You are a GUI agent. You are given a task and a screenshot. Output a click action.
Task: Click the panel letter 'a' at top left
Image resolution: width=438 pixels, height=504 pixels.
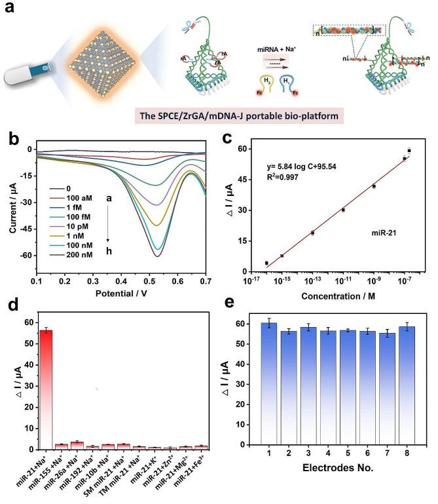pos(9,10)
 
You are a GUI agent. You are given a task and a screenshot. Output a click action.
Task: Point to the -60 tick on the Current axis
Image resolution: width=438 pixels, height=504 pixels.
pos(29,255)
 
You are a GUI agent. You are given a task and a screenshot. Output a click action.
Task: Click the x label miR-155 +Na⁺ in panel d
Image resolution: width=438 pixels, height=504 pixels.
pos(53,471)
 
